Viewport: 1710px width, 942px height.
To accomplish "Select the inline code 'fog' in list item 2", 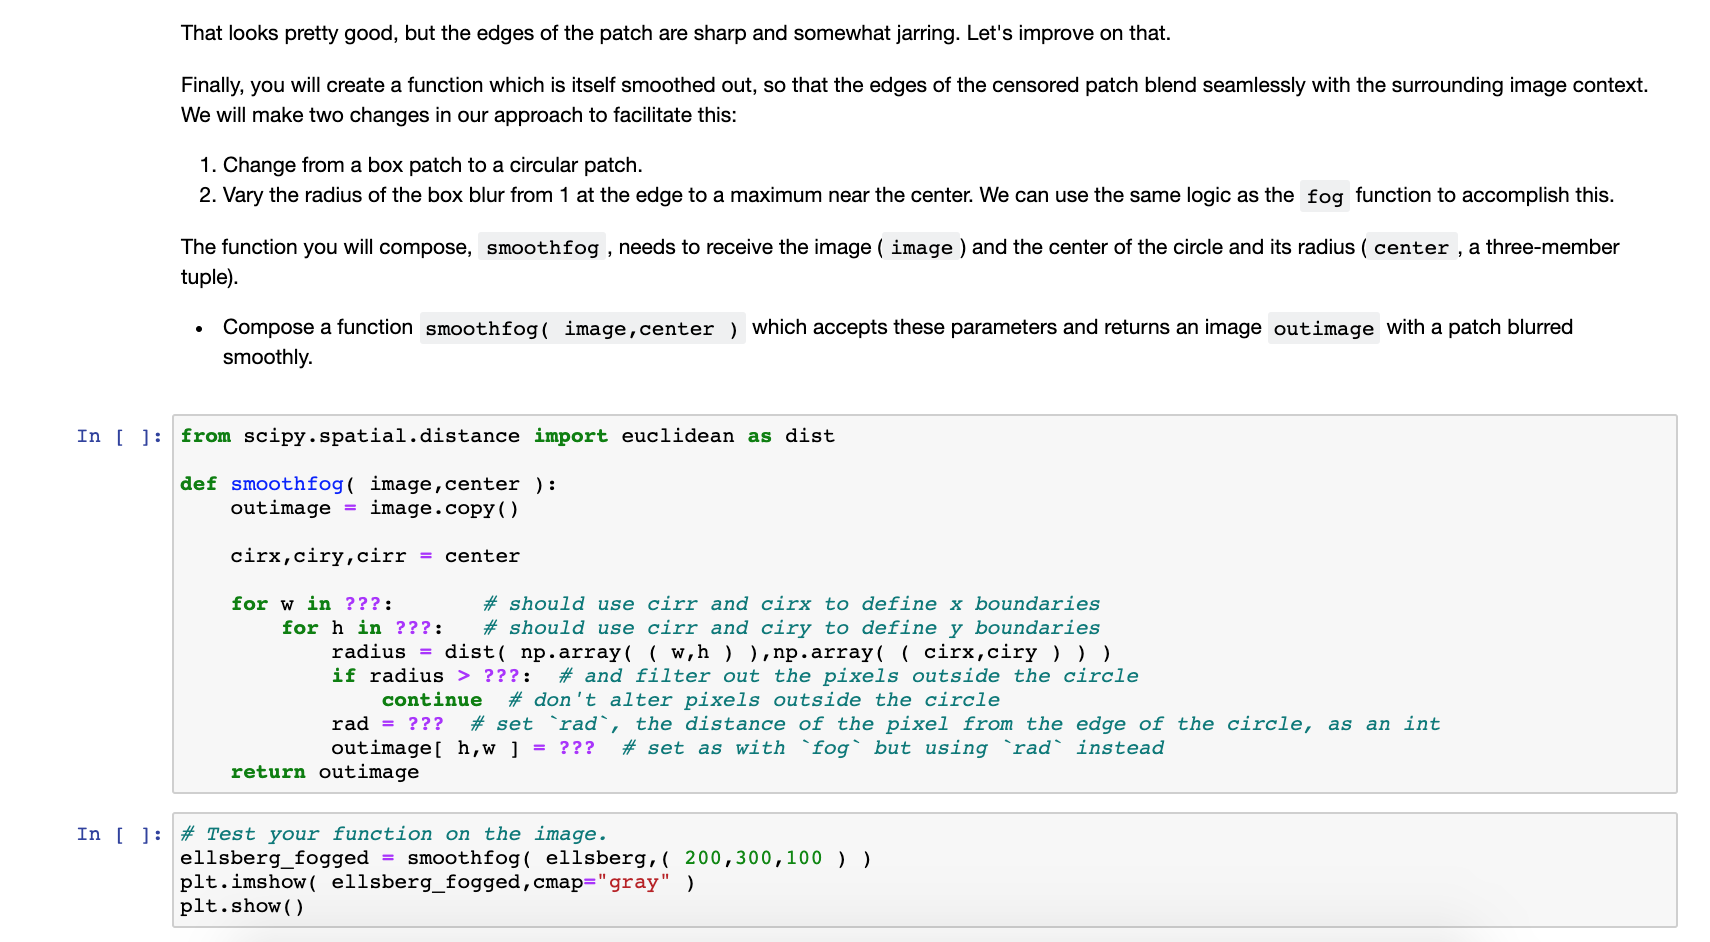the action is [x=1324, y=196].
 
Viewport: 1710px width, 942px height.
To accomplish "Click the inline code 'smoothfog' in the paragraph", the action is [x=542, y=248].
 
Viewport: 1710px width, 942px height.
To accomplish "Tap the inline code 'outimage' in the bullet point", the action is [x=1323, y=329].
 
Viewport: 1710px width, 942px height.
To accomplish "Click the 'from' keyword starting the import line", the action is [x=205, y=436].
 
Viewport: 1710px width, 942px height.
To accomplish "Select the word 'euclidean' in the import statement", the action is [x=677, y=436].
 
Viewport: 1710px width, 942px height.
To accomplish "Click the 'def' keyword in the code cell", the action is [x=198, y=484].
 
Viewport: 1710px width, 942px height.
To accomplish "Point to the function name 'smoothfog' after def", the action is [x=287, y=484].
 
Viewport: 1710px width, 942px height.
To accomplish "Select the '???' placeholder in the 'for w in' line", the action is [x=362, y=604].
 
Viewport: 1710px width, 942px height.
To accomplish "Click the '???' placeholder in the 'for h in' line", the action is [x=413, y=628].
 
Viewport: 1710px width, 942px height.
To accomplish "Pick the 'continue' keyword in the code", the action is [x=432, y=700].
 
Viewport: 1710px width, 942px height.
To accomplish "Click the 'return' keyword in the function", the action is [x=268, y=772].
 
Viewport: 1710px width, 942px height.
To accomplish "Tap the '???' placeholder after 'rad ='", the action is [x=425, y=724].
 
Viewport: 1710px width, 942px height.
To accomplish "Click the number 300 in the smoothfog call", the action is [x=754, y=858].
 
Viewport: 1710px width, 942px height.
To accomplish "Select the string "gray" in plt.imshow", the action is [x=633, y=882].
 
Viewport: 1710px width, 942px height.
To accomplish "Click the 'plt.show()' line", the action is [x=242, y=906].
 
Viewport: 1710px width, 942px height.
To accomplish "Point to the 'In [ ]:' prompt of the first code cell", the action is [x=119, y=436].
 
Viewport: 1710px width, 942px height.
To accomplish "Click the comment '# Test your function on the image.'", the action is [x=393, y=834].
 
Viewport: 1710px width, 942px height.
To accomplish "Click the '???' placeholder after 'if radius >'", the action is [x=501, y=676].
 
